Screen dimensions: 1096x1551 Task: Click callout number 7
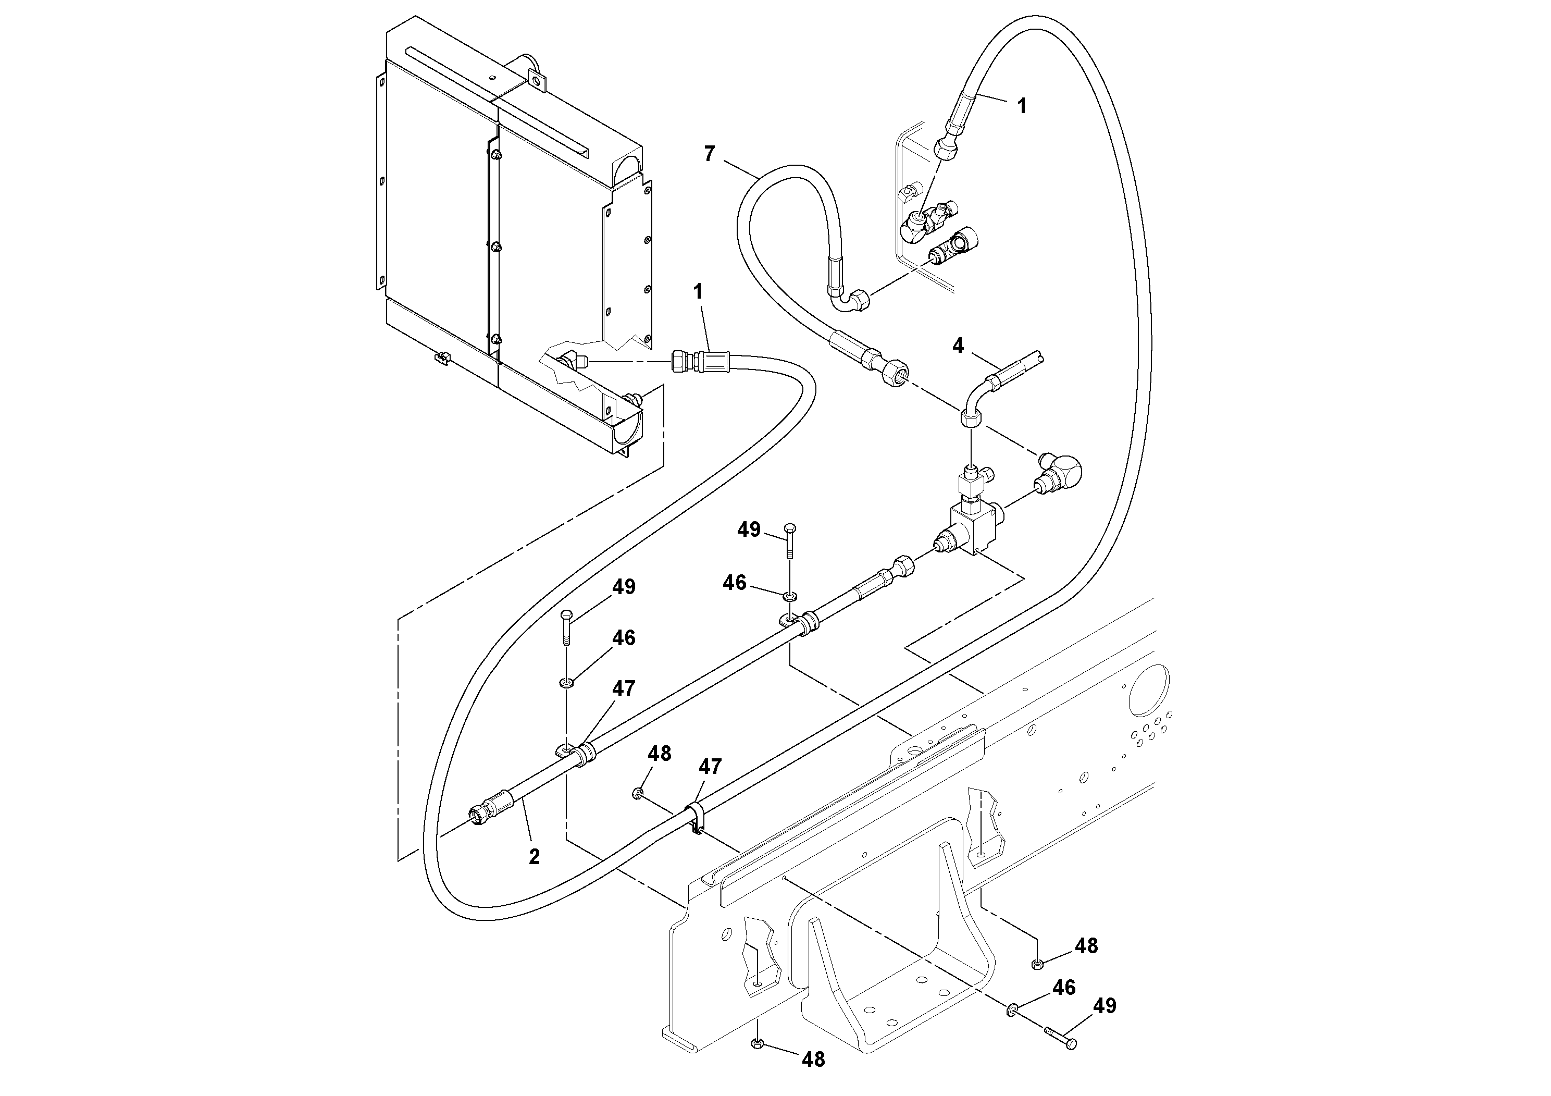pyautogui.click(x=709, y=154)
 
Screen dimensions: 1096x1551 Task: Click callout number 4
pyautogui.click(x=958, y=346)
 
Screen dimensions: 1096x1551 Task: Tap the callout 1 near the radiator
pyautogui.click(x=698, y=292)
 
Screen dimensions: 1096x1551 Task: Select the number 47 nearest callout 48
pyautogui.click(x=709, y=766)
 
